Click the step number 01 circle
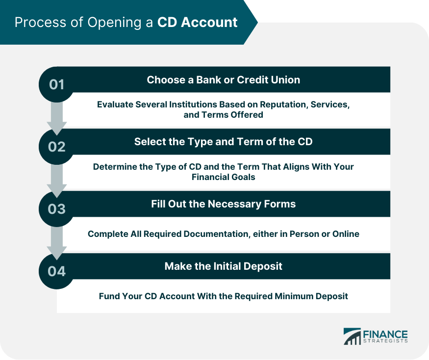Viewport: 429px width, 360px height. tap(57, 84)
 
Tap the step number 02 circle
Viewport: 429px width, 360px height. tap(57, 147)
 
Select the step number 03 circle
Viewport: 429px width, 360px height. tap(57, 209)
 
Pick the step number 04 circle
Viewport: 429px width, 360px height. tap(57, 271)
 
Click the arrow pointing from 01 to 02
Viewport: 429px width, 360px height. tap(57, 118)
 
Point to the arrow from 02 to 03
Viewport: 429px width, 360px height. tap(57, 180)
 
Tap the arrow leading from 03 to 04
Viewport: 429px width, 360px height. tap(57, 243)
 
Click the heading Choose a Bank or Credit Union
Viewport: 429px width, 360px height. tap(223, 79)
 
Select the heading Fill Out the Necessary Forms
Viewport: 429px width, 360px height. tap(223, 204)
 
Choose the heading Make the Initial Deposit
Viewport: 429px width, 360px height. tap(223, 266)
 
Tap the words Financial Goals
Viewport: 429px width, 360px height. tap(223, 177)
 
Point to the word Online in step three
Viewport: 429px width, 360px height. tap(346, 234)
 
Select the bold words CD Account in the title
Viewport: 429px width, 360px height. tap(197, 22)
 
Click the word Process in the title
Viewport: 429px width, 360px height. tap(41, 22)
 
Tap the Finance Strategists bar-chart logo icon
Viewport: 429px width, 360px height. tap(353, 336)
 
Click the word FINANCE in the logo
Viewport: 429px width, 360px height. tap(385, 334)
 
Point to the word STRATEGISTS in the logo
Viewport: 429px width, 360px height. tap(385, 341)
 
